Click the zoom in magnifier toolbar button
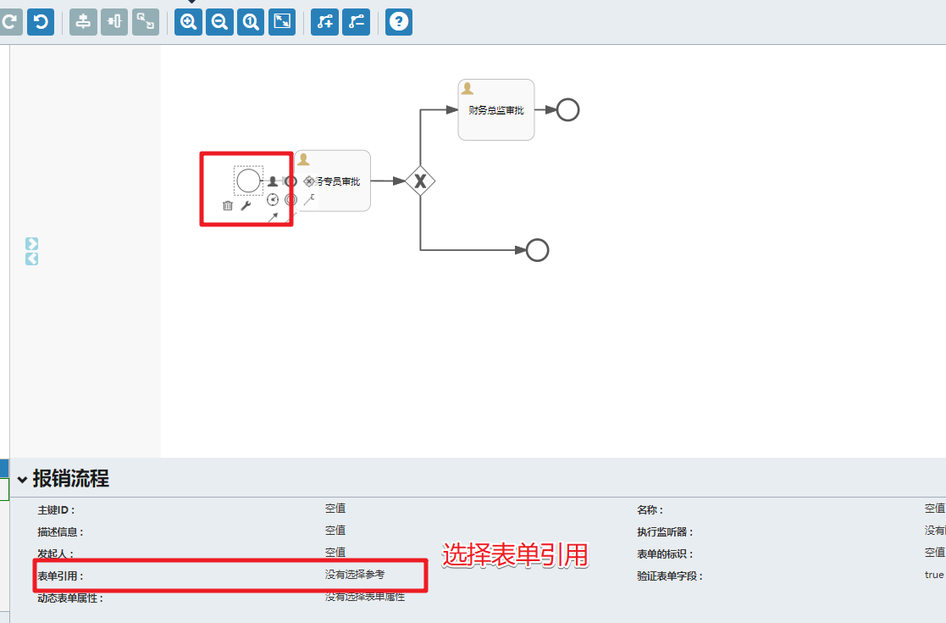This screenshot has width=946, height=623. (188, 22)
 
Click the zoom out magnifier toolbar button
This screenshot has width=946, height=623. (219, 22)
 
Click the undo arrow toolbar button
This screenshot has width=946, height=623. (41, 22)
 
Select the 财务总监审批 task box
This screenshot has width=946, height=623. (496, 110)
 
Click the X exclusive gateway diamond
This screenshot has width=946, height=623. (419, 181)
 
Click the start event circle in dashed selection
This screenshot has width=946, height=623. (248, 181)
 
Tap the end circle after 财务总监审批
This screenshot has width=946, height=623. (567, 110)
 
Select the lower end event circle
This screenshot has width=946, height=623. (538, 250)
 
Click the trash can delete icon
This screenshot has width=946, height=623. (227, 205)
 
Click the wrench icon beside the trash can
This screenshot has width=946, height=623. (246, 205)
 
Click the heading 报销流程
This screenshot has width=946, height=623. (71, 478)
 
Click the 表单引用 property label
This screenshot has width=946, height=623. (60, 576)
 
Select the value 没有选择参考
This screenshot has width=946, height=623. (354, 575)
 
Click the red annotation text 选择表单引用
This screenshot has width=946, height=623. (515, 555)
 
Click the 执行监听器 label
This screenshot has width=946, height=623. (665, 532)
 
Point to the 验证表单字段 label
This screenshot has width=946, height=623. (669, 576)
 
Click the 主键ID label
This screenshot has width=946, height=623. (56, 510)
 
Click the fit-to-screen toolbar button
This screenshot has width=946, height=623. (282, 22)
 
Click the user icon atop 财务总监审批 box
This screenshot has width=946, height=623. (467, 88)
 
